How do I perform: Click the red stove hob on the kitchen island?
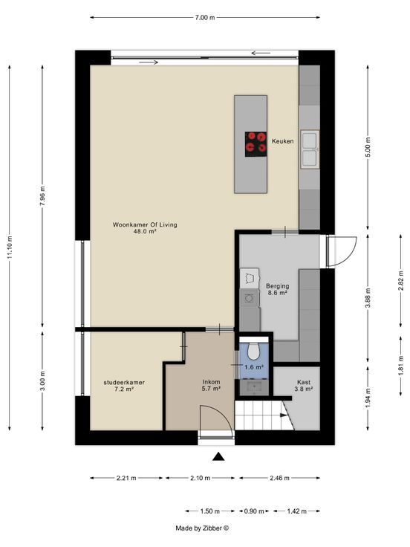tap(256, 144)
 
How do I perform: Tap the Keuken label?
tap(282, 141)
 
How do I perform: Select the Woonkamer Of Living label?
tap(145, 224)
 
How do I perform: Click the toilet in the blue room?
tap(254, 351)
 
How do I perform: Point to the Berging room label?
tap(278, 286)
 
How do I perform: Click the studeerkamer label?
tap(124, 382)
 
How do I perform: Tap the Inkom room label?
tap(211, 382)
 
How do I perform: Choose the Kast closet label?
tap(304, 382)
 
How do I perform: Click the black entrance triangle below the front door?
tap(218, 456)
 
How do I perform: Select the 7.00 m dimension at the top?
tap(205, 17)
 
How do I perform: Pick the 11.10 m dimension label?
tap(10, 247)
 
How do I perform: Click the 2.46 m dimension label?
tap(279, 478)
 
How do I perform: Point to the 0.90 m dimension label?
tap(254, 511)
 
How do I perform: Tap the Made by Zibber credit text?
tap(202, 528)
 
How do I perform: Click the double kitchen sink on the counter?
tap(310, 149)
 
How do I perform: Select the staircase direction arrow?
tap(284, 415)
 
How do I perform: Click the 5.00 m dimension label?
tap(368, 148)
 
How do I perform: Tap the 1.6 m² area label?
tap(254, 367)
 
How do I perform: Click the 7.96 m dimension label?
tap(42, 196)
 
